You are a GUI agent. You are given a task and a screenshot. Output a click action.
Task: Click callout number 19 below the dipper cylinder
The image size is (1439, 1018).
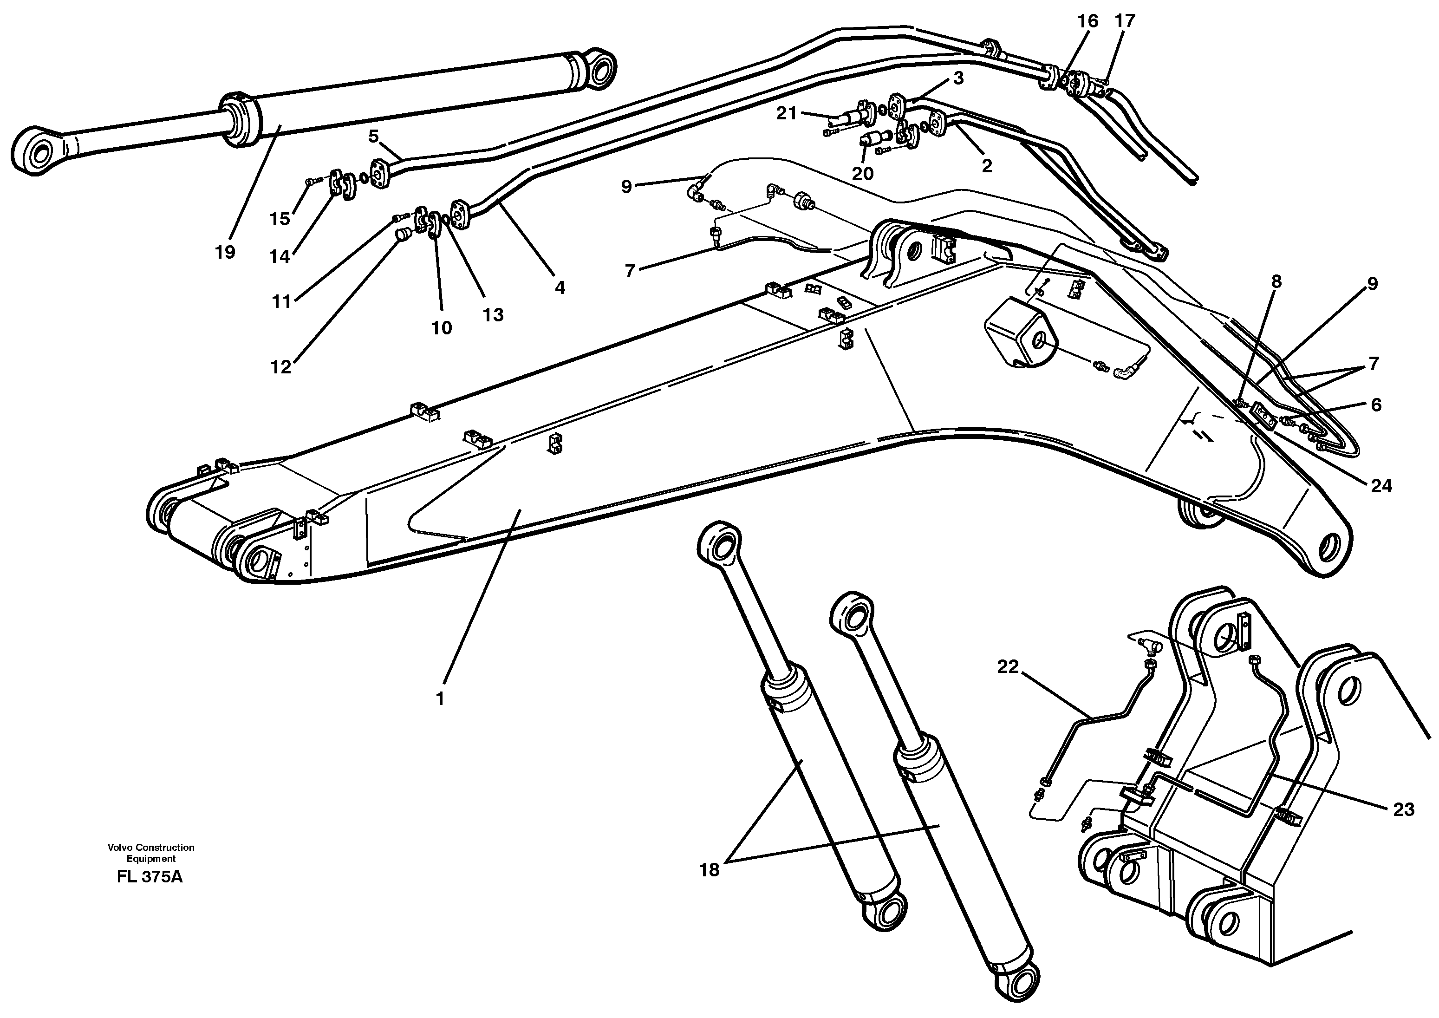[x=224, y=252]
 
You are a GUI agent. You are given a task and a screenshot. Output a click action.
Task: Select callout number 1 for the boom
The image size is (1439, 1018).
[x=440, y=699]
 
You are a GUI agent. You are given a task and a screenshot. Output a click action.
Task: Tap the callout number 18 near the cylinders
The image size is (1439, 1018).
[x=709, y=870]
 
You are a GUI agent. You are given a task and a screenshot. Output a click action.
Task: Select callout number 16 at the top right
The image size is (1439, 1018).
[x=1087, y=21]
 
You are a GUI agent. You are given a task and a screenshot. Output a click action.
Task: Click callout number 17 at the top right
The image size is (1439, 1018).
[x=1125, y=21]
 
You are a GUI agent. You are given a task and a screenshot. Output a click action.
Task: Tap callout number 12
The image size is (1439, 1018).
[x=281, y=367]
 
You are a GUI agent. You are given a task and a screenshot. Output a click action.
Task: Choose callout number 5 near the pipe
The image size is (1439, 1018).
[x=373, y=136]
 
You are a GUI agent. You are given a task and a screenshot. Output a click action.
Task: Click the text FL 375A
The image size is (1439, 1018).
[x=150, y=877]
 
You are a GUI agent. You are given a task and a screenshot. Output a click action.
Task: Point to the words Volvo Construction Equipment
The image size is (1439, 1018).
[x=150, y=853]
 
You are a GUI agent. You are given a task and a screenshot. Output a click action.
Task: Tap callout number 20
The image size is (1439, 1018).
[x=863, y=174]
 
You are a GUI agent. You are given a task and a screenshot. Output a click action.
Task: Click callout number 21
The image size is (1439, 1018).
[x=786, y=113]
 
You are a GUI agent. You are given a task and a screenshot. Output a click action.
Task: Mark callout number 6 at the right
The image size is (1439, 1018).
[x=1376, y=405]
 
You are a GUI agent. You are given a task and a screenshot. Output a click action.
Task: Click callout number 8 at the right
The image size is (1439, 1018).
[x=1276, y=282]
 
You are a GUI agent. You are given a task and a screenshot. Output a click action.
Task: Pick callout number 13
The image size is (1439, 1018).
[x=493, y=315]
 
